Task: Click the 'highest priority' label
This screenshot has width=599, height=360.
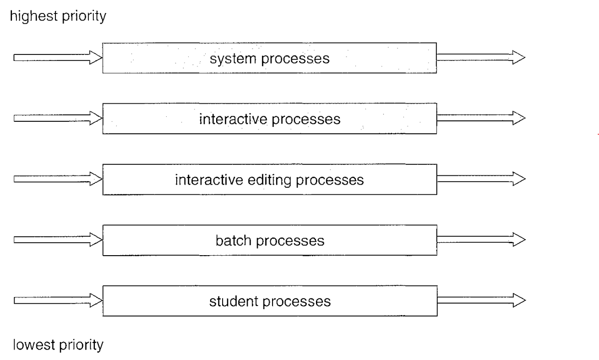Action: pos(57,16)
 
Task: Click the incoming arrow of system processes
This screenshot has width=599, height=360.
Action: pos(57,58)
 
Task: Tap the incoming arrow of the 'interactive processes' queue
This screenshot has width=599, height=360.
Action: pos(57,119)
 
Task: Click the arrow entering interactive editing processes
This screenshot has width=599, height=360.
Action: pos(57,179)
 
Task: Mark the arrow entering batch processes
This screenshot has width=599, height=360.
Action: pos(57,240)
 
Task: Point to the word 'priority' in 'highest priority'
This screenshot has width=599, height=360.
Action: pos(83,16)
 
